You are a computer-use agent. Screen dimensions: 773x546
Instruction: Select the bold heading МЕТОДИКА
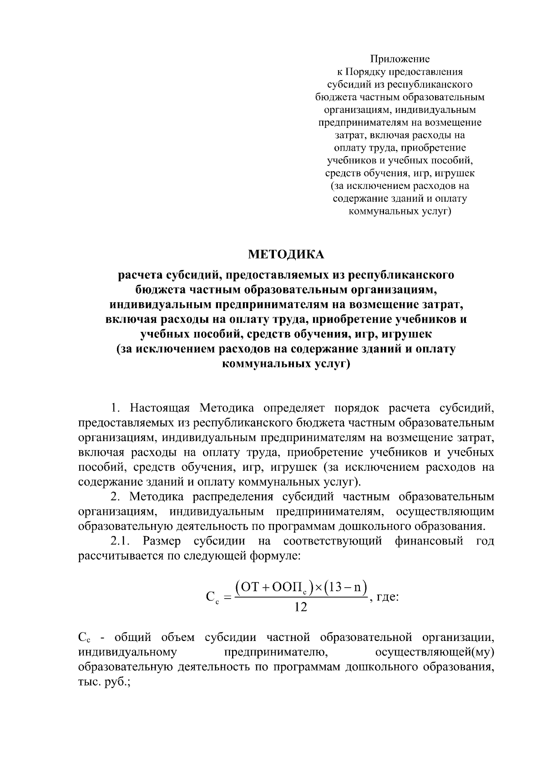286,254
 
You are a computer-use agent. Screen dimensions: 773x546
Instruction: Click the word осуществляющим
445,511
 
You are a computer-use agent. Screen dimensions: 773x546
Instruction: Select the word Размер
162,541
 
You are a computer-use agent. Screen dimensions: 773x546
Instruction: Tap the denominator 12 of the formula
298,607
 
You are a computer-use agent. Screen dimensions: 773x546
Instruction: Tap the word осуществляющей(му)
435,652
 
